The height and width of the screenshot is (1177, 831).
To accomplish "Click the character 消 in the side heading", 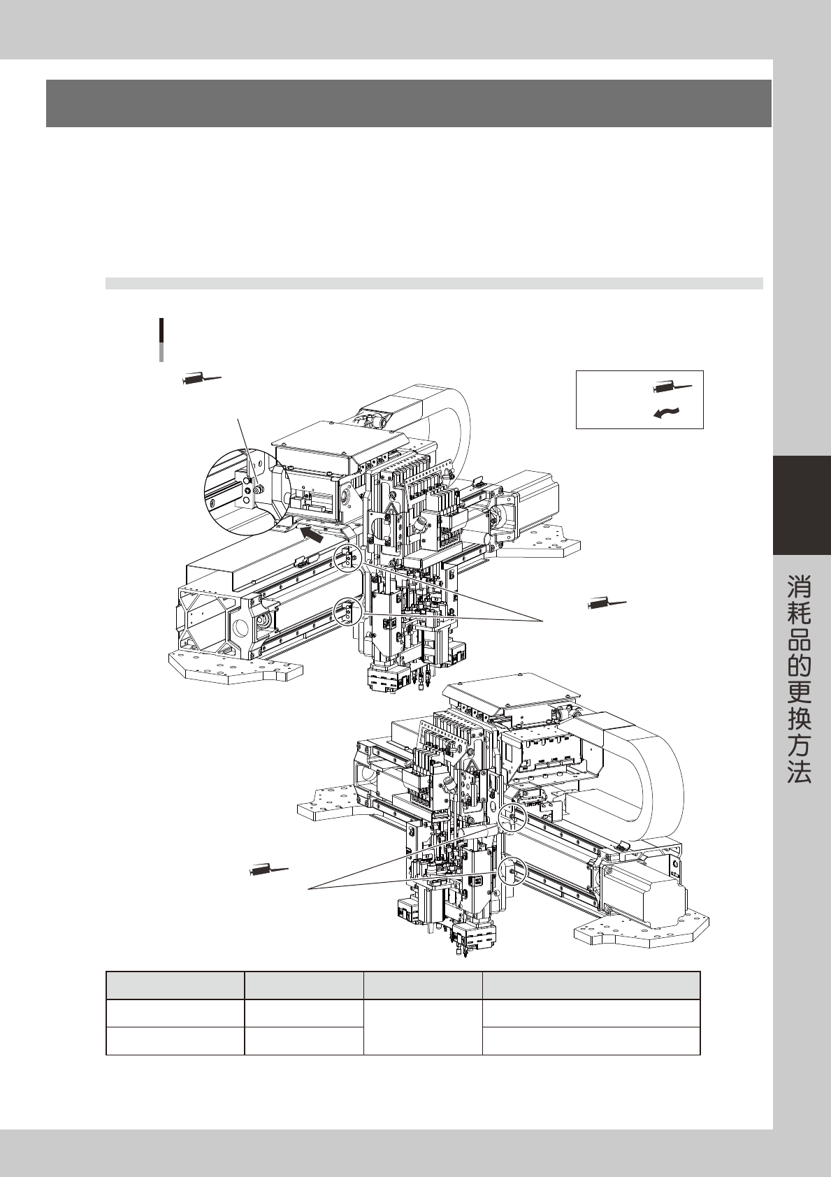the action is click(800, 585).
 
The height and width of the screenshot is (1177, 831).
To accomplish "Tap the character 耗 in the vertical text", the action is click(800, 616).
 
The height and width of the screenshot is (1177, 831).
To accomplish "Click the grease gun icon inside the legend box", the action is click(674, 386).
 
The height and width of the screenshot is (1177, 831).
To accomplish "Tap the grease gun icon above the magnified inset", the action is click(201, 378).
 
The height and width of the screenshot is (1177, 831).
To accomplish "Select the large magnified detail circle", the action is click(245, 491).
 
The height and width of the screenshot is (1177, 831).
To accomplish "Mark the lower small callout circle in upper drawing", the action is click(348, 612).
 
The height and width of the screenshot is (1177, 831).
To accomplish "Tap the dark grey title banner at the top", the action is click(408, 103).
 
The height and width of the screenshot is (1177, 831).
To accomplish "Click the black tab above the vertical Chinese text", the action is click(802, 505).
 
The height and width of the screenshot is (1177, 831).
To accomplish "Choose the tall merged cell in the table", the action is click(422, 1027).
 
